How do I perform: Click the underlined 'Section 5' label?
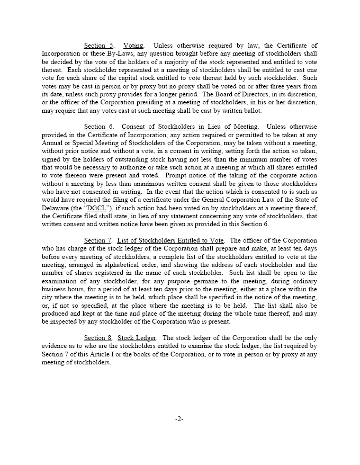click(99, 46)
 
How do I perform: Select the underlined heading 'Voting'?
click(133, 46)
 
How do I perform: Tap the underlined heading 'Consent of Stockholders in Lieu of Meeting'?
click(190, 127)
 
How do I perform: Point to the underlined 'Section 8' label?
click(99, 337)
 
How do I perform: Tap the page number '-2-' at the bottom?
click(179, 419)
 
